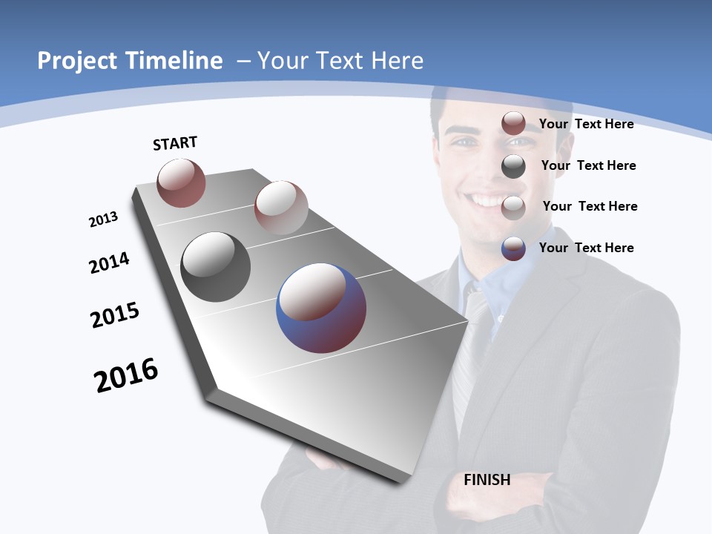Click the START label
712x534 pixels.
[x=175, y=143]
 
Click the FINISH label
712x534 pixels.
[x=487, y=480]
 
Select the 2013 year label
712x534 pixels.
[x=103, y=220]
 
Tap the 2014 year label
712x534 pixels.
[x=109, y=263]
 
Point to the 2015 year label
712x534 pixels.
[x=115, y=314]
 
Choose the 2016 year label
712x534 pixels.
[x=126, y=375]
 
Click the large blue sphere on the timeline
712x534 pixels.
[x=321, y=308]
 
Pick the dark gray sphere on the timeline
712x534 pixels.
[x=215, y=267]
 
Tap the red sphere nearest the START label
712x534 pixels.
[x=181, y=182]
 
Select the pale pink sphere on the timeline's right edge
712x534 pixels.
[x=281, y=207]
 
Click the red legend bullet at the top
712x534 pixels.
[x=513, y=123]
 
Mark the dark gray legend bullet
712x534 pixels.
[x=513, y=166]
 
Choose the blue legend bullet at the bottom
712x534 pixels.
[x=513, y=248]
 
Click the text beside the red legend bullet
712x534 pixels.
[x=586, y=124]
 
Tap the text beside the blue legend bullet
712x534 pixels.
[x=586, y=248]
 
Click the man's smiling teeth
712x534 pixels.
[x=488, y=200]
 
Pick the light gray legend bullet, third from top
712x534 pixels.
[x=513, y=208]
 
